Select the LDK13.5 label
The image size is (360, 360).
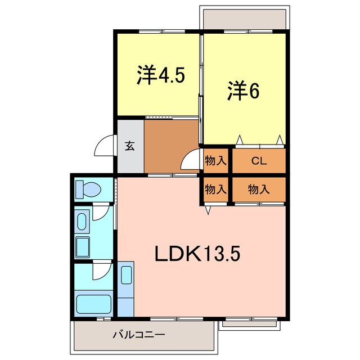click(197, 255)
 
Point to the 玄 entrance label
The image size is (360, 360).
click(130, 147)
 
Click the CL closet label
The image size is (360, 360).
click(259, 161)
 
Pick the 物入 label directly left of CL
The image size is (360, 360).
click(216, 161)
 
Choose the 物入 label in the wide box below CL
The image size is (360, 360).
click(259, 190)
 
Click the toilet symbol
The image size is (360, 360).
click(87, 189)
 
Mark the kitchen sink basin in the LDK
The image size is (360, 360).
click(126, 276)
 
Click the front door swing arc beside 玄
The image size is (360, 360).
click(105, 148)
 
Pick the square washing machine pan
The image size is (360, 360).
click(83, 247)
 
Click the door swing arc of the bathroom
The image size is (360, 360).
click(101, 273)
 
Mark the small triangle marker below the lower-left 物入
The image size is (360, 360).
click(208, 210)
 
